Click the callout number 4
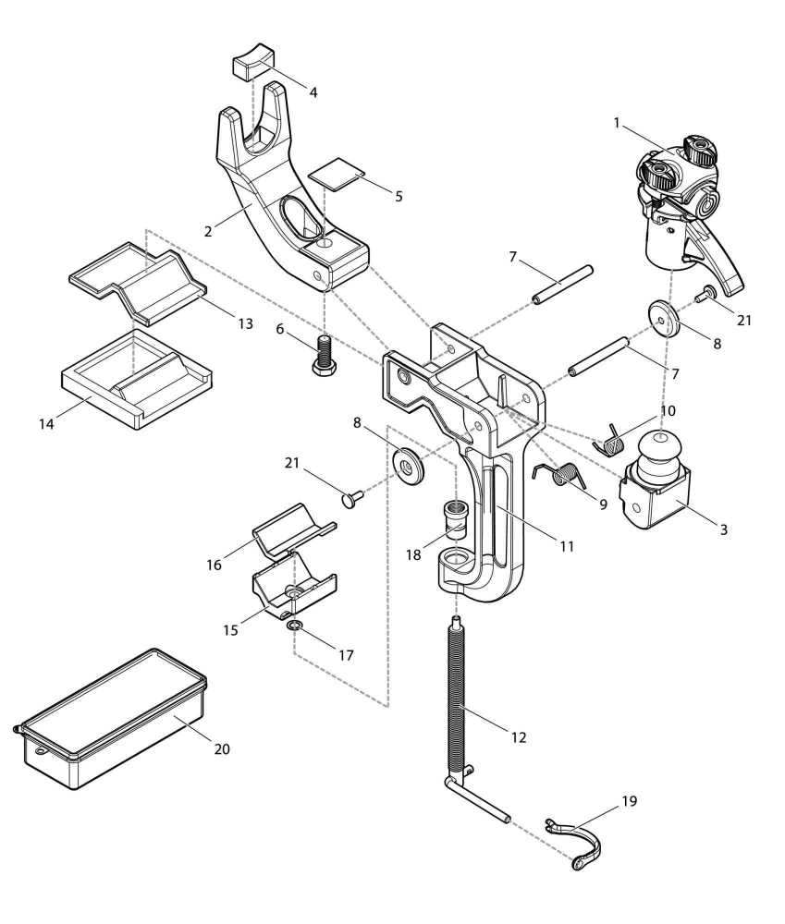click(313, 92)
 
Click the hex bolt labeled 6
click(323, 357)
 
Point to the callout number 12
click(519, 737)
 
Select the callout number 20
click(222, 748)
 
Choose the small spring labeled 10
click(613, 438)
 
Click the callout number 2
click(208, 231)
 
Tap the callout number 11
click(567, 546)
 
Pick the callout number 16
click(215, 565)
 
